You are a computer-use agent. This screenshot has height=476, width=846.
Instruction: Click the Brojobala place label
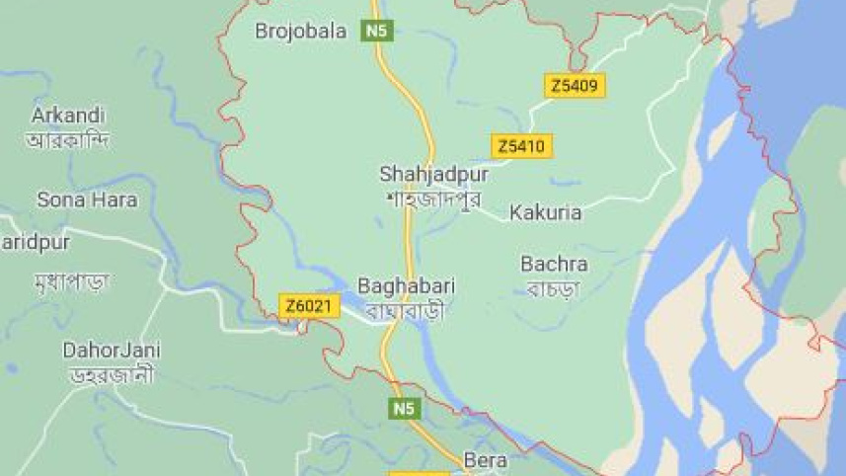pyautogui.click(x=301, y=32)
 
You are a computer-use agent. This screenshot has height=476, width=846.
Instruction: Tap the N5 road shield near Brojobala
pyautogui.click(x=376, y=32)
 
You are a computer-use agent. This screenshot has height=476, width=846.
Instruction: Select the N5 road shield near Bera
pyautogui.click(x=402, y=408)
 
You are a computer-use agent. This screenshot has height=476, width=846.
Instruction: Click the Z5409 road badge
pyautogui.click(x=575, y=86)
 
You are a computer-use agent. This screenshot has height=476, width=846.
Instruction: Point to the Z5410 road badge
pyautogui.click(x=520, y=147)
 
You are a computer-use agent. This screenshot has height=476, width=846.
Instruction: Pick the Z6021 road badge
pyautogui.click(x=308, y=306)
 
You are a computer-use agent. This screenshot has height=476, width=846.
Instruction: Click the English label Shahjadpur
pyautogui.click(x=433, y=175)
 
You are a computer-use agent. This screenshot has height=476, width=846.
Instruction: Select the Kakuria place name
pyautogui.click(x=545, y=212)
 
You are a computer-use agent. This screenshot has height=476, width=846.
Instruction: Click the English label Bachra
pyautogui.click(x=554, y=264)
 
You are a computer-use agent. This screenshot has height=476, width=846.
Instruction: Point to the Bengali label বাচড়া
pyautogui.click(x=554, y=288)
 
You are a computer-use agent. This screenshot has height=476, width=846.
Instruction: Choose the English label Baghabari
pyautogui.click(x=406, y=286)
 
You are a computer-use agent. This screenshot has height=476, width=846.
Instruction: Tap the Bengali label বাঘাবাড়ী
pyautogui.click(x=406, y=311)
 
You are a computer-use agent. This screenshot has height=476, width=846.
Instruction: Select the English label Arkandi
pyautogui.click(x=68, y=115)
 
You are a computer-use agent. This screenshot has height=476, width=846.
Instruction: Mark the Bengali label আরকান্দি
pyautogui.click(x=68, y=140)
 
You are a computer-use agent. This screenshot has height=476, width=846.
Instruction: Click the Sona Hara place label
pyautogui.click(x=87, y=199)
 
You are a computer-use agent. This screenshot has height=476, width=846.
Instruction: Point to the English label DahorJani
pyautogui.click(x=112, y=351)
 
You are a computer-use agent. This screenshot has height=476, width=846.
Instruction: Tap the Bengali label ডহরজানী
pyautogui.click(x=111, y=375)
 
